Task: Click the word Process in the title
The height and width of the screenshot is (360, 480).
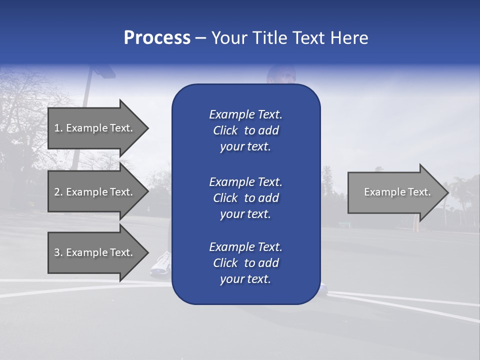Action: coord(157,38)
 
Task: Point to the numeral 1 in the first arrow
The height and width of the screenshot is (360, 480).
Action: coord(56,128)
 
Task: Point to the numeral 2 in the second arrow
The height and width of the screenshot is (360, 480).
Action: coord(57,192)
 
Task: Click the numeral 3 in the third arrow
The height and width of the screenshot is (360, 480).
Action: coord(57,252)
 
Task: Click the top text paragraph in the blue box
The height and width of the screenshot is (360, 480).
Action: coord(245,130)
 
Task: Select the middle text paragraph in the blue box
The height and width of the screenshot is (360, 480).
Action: coord(245,198)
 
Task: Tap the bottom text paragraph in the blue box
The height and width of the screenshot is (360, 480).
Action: coord(245,263)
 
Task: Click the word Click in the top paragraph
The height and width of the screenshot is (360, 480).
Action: coord(225,130)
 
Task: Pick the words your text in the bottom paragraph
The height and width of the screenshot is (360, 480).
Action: coord(245,279)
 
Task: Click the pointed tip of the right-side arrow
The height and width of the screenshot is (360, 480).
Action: coord(447,192)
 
